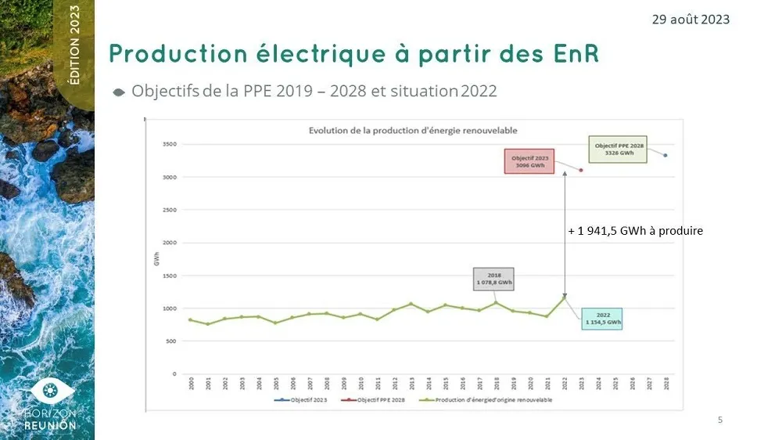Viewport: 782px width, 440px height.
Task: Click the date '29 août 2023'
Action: pos(691,19)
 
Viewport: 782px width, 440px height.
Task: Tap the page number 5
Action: pos(720,420)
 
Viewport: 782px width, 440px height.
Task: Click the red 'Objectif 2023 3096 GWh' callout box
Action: pos(529,161)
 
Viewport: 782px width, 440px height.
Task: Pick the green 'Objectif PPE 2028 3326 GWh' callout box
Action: pos(619,150)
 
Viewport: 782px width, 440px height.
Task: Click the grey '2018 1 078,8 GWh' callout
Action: pos(493,279)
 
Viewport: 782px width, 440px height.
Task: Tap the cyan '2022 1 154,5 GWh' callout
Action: pos(602,318)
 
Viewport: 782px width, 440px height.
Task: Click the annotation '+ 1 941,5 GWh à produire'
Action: pos(635,231)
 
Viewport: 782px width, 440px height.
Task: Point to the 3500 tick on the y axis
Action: pos(169,145)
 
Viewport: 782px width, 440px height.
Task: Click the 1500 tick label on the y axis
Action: pos(169,276)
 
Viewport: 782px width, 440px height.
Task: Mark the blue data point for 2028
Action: pos(665,155)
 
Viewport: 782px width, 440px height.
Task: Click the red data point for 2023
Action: pos(581,170)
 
